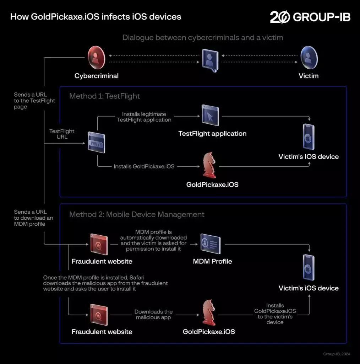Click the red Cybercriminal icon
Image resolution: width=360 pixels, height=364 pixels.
coord(96,59)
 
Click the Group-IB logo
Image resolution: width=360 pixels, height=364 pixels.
coord(310,17)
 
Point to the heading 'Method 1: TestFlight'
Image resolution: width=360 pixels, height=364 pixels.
coord(104,96)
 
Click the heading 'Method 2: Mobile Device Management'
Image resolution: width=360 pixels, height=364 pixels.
coord(137,214)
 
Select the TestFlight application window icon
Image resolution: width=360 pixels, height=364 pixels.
coord(210,116)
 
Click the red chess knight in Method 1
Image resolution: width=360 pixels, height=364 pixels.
coord(209,165)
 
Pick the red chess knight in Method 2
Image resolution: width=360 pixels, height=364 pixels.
coord(209,312)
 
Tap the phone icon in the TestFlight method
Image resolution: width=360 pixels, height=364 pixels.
coord(308,137)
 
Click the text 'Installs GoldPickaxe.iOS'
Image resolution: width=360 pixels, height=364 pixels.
coord(144,166)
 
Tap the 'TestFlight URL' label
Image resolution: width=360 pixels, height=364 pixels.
coord(61,134)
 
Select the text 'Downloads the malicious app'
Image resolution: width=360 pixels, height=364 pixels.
coord(153,314)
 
